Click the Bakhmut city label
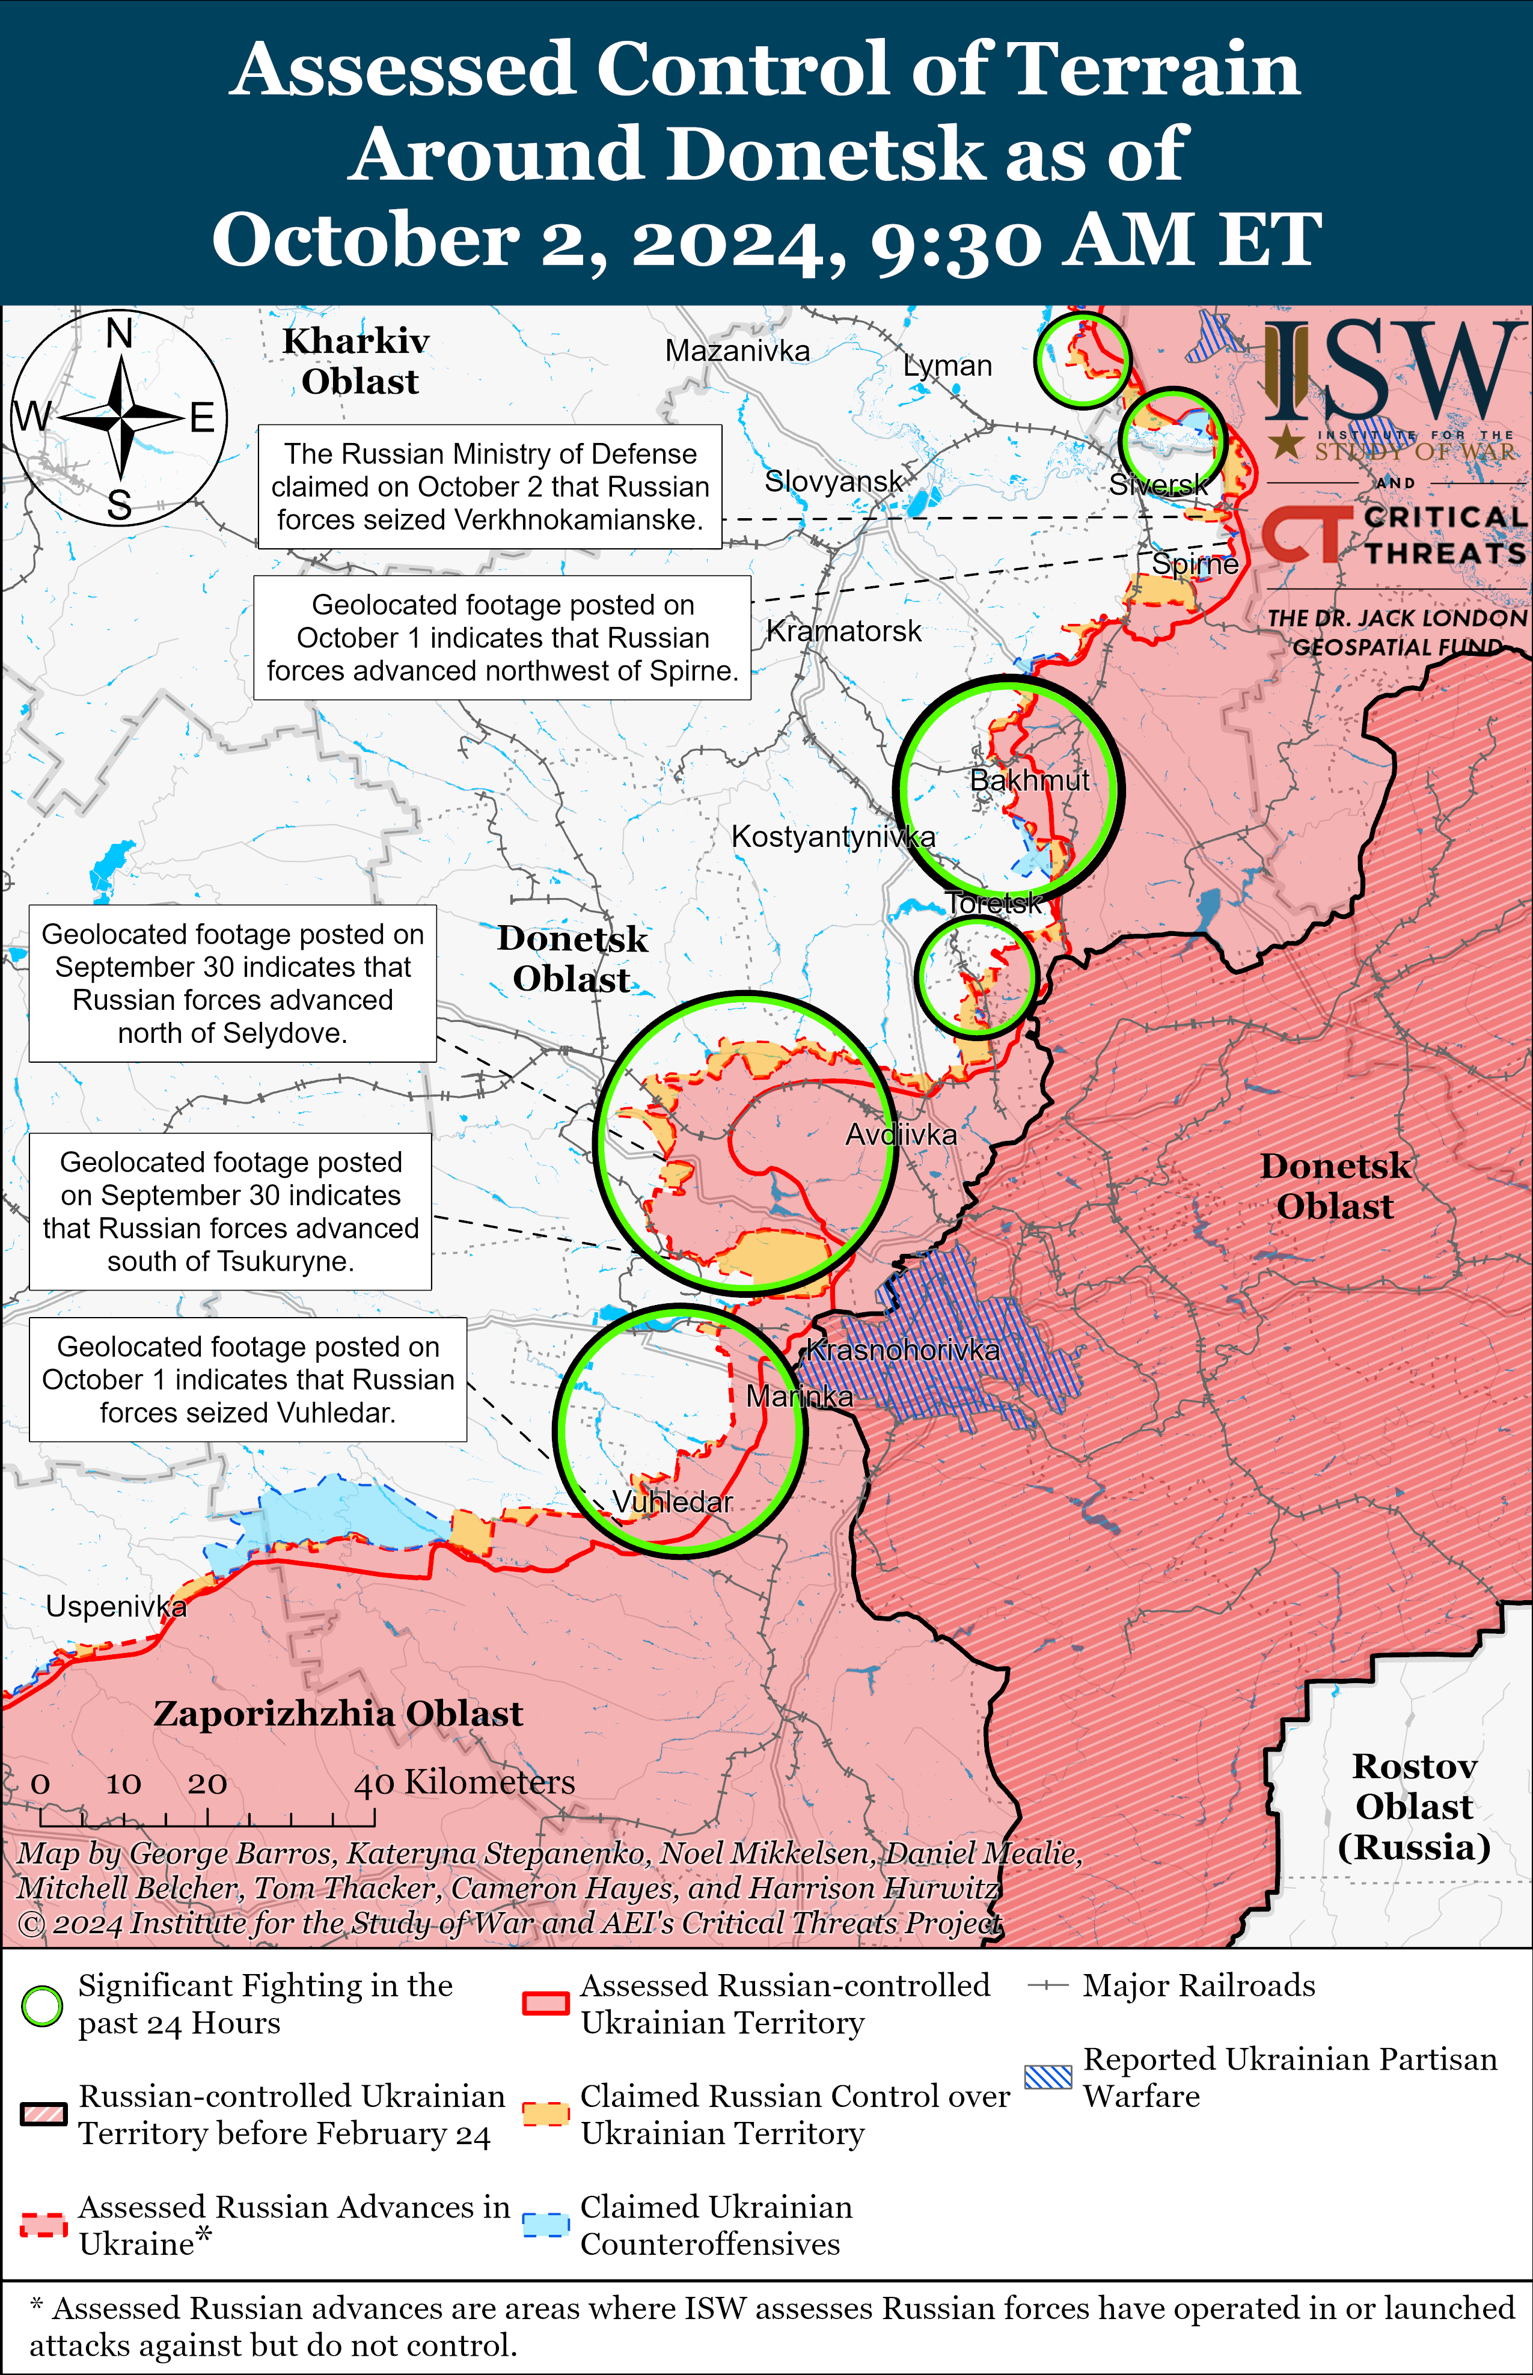(x=1029, y=780)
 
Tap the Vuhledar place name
(x=672, y=1502)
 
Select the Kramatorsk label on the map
(x=843, y=631)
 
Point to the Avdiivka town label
(x=901, y=1134)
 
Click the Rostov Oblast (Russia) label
(x=1413, y=1806)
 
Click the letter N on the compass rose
(x=120, y=334)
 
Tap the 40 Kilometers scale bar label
(x=465, y=1782)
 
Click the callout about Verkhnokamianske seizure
(x=490, y=487)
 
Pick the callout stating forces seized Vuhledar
(x=248, y=1380)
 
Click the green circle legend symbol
(x=42, y=2006)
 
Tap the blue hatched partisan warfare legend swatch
(x=1048, y=2076)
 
